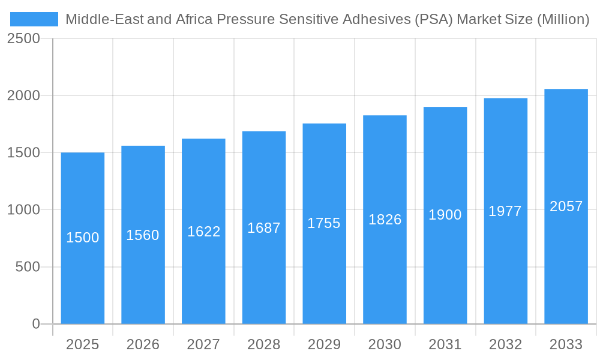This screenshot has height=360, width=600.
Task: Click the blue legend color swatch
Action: (x=34, y=19)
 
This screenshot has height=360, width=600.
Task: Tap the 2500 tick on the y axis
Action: (x=23, y=38)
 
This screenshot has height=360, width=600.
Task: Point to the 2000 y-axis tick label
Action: (x=23, y=95)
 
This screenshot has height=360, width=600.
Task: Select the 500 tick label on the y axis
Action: (x=27, y=266)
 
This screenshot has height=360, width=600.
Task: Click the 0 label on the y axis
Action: (x=35, y=324)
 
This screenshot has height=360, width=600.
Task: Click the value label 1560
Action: (x=143, y=235)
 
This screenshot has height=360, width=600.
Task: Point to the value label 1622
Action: (x=203, y=232)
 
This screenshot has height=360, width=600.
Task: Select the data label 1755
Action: (x=324, y=223)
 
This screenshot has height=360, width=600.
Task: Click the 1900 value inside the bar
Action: (x=445, y=215)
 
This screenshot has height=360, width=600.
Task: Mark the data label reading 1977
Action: (x=505, y=211)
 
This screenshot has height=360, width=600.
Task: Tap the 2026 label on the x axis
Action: (x=143, y=344)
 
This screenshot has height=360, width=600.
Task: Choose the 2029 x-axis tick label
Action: (x=324, y=344)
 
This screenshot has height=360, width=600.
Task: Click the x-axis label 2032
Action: (x=505, y=344)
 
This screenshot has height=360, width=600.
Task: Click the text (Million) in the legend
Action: (x=563, y=19)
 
